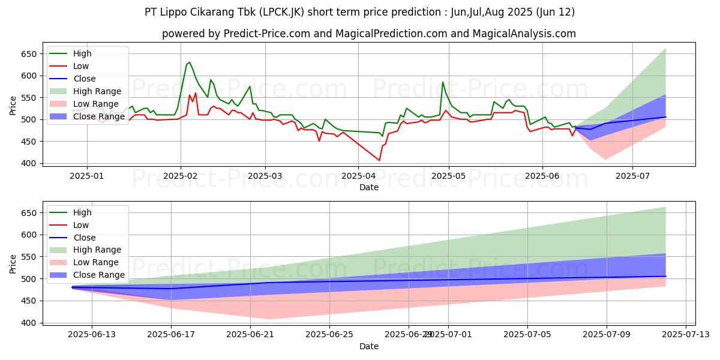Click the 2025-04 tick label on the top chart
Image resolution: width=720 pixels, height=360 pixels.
(x=358, y=176)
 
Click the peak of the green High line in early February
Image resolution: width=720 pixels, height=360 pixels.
(x=190, y=62)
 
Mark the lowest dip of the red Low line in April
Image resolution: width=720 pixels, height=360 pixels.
(x=379, y=160)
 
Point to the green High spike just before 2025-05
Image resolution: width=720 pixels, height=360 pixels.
(x=443, y=82)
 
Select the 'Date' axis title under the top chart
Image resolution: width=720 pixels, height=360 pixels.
(x=368, y=187)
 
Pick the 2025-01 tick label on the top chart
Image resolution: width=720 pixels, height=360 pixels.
(x=87, y=176)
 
